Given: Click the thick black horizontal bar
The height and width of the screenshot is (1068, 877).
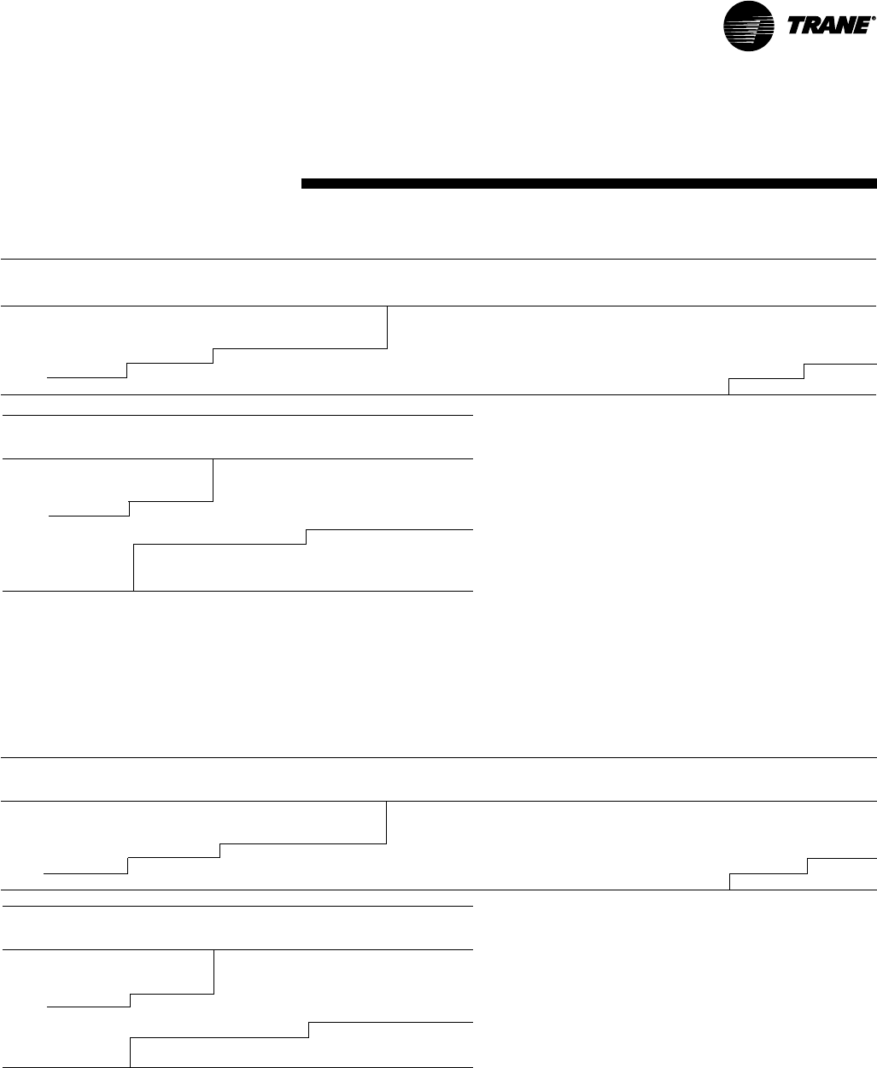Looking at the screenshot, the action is (x=589, y=184).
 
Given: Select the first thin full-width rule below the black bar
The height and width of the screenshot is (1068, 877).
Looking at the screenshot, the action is (x=439, y=259).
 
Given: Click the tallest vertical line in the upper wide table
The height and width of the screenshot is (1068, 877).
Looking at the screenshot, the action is (x=388, y=327).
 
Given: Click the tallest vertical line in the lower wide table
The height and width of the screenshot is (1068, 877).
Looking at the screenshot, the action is (x=387, y=822).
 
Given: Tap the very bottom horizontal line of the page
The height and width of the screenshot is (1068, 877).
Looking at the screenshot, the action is (x=237, y=1066).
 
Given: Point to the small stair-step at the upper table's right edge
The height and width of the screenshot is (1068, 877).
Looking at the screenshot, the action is (x=804, y=371).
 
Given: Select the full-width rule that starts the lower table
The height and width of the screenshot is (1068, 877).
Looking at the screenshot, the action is (x=439, y=757).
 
